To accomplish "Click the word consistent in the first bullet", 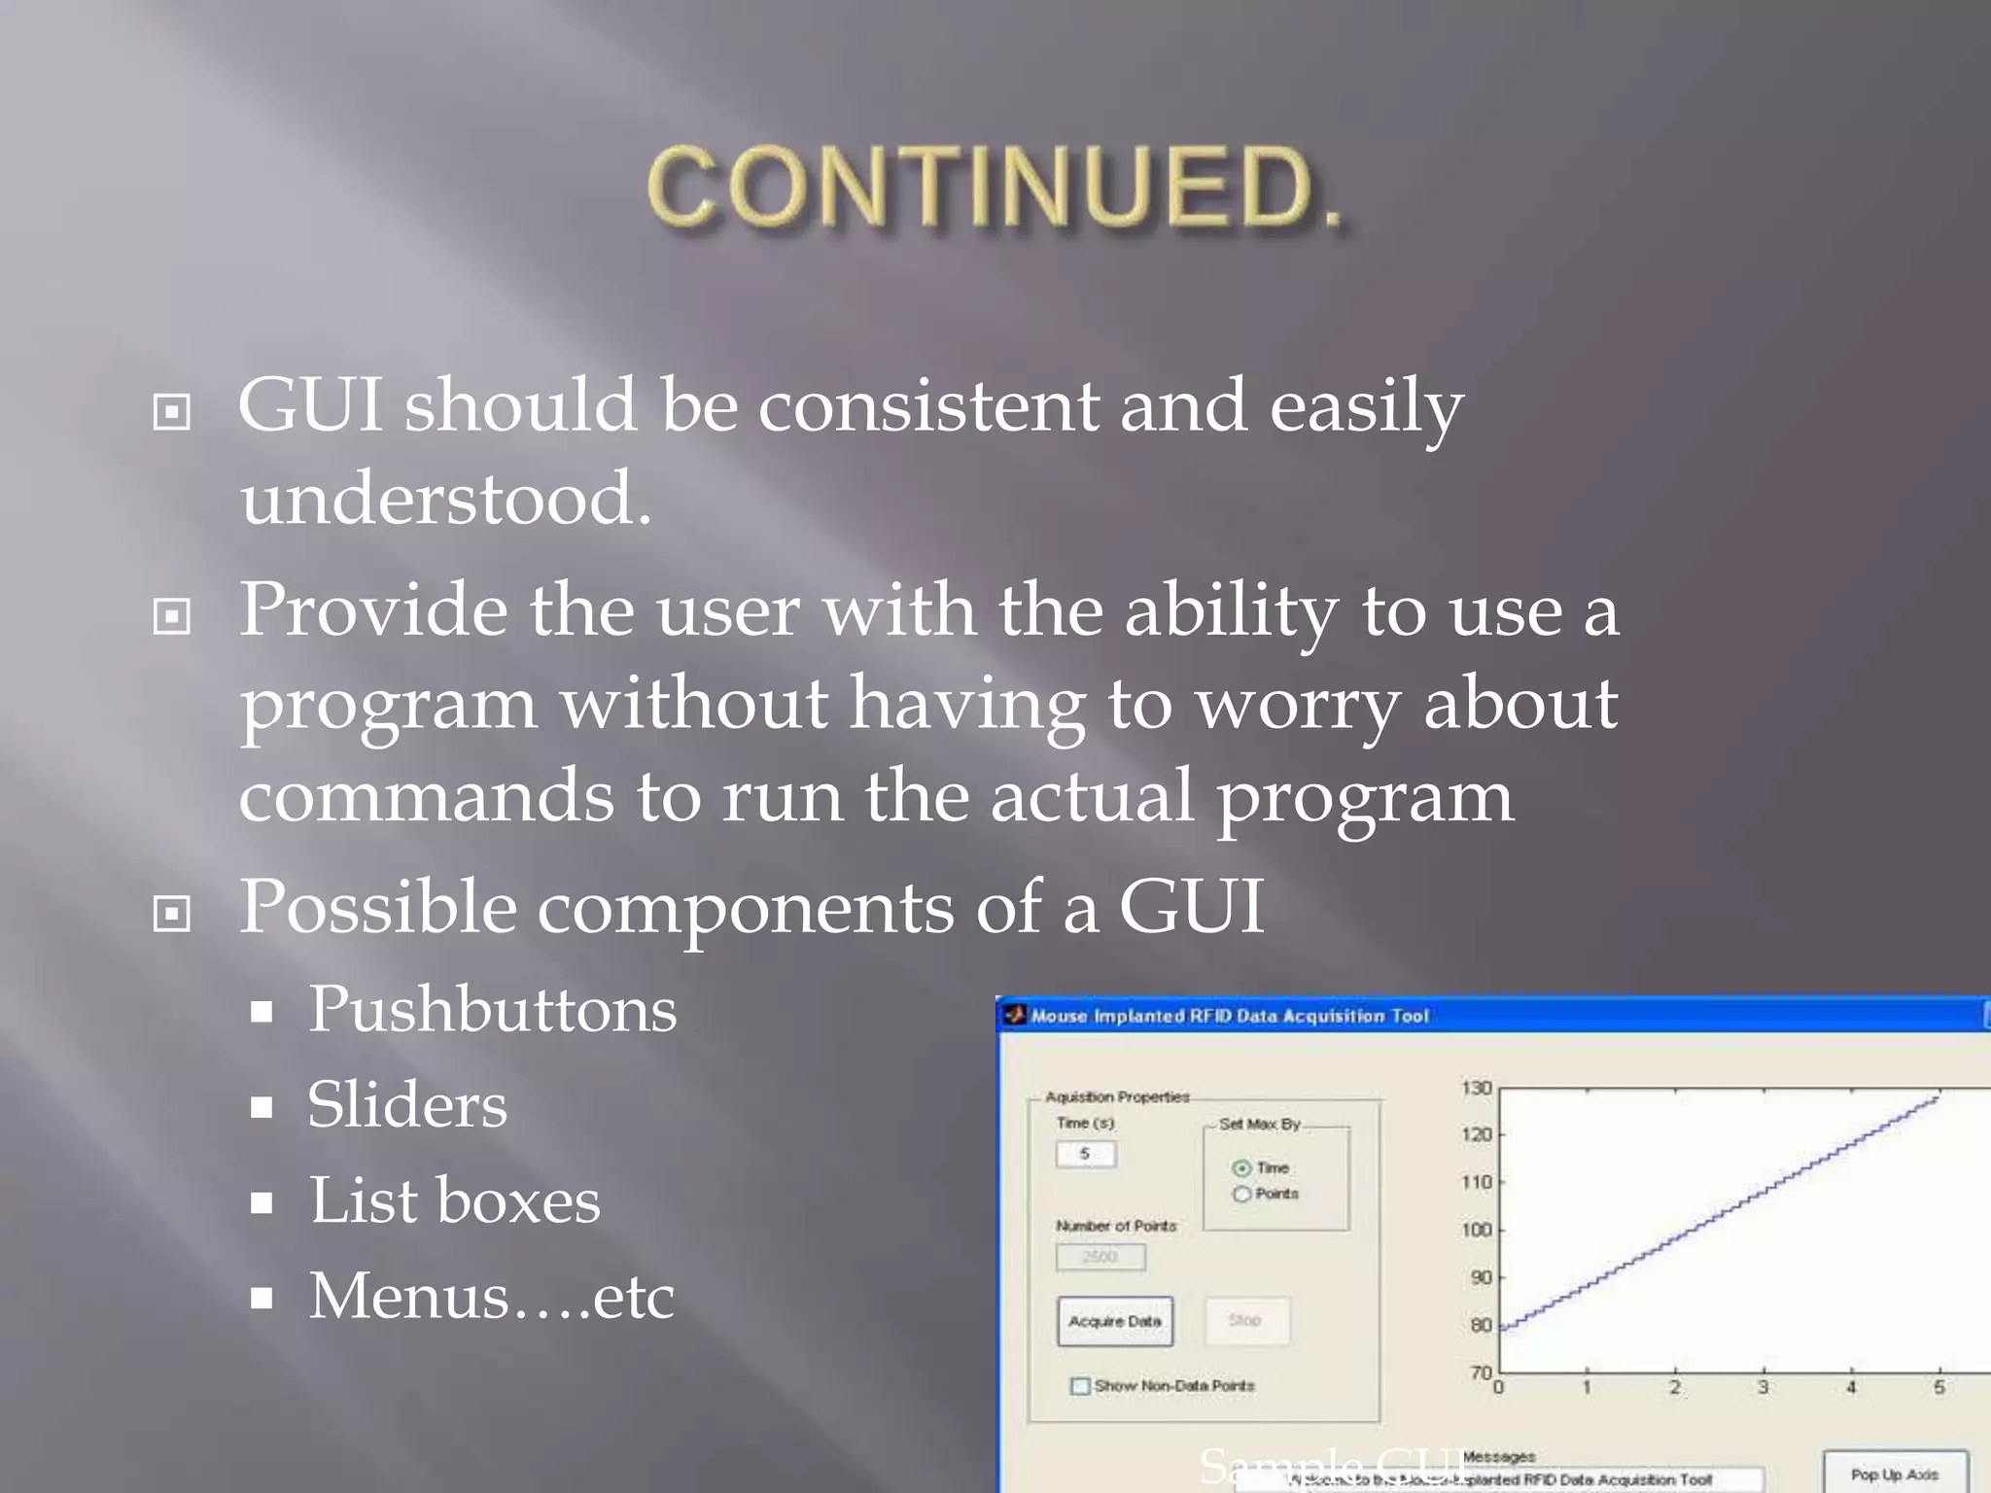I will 928,406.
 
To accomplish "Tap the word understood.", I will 445,499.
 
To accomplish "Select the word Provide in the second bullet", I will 372,610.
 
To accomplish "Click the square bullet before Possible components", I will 172,914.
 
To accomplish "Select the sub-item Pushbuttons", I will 492,1009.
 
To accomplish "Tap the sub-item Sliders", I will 406,1105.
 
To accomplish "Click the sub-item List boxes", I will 454,1200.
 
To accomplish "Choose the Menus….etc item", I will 491,1296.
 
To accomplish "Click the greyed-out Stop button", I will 1245,1320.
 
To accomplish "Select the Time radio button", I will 1241,1167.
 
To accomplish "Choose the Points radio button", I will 1241,1194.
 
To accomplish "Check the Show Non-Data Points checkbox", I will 1079,1385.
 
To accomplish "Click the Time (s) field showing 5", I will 1085,1154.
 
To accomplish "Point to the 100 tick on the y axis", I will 1476,1230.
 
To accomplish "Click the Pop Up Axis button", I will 1894,1474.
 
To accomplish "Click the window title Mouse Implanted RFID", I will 1229,1016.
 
